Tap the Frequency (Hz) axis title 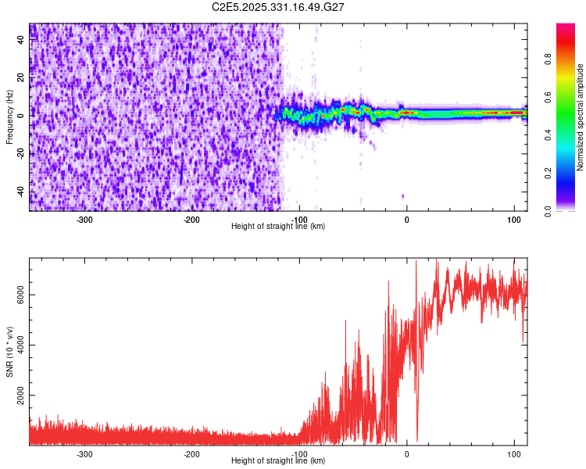coord(9,117)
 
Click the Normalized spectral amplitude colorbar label coord(581,117)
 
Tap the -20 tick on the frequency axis coord(20,153)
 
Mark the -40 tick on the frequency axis coord(20,192)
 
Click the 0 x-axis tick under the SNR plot coord(406,453)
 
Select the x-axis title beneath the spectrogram coord(278,226)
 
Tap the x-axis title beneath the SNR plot coord(278,460)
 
